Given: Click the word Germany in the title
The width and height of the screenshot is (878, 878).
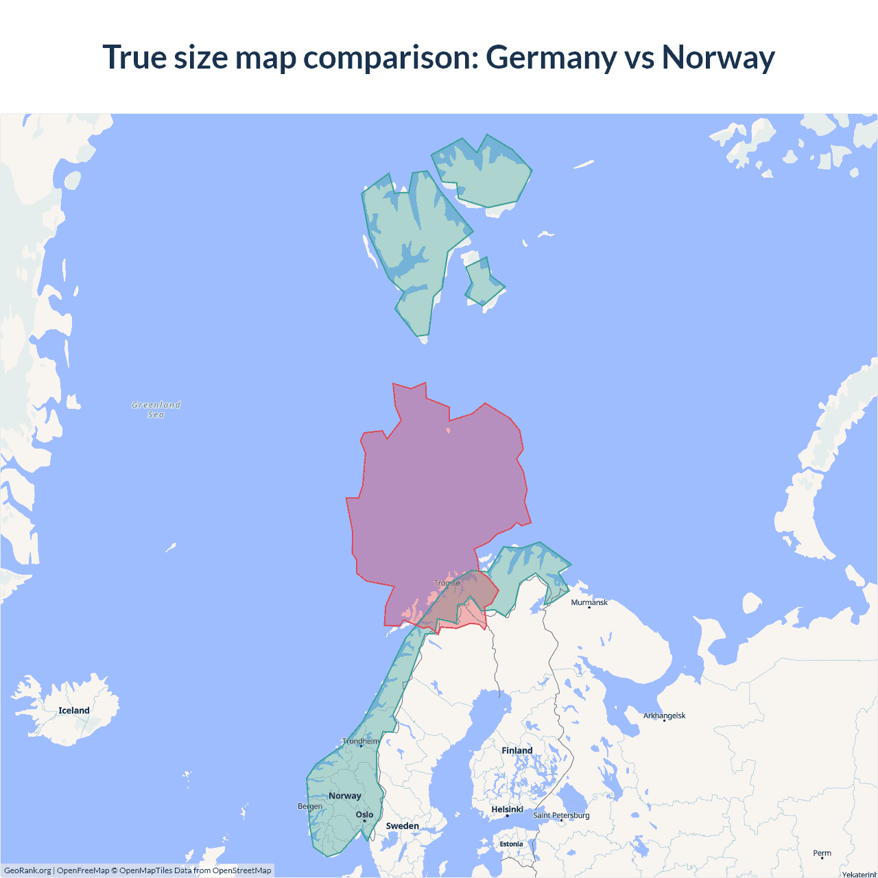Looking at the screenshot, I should tap(551, 58).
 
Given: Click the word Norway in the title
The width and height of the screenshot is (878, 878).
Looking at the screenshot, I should tap(718, 58).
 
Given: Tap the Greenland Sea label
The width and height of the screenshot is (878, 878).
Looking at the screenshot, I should tap(156, 410).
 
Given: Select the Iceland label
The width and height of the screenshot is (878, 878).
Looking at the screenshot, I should tap(74, 711).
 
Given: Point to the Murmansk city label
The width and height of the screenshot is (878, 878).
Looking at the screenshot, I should tap(589, 602).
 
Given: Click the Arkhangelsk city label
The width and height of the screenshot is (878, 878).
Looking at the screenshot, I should tap(664, 715).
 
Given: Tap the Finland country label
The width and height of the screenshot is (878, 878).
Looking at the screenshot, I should tap(517, 750).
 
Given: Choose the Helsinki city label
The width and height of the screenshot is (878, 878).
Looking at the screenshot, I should tap(507, 809).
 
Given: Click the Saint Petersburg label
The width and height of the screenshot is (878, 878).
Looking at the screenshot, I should tap(561, 815).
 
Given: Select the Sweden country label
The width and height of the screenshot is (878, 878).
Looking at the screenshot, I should tap(402, 826).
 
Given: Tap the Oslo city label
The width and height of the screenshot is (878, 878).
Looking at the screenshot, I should tap(364, 815).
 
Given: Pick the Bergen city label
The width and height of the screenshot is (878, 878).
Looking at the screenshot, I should tap(310, 806).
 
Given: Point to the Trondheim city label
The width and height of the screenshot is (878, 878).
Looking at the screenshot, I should tap(361, 741).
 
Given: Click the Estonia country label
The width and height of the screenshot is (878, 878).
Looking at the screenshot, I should tap(511, 844).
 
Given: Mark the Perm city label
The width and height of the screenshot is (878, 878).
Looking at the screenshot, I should tap(822, 853).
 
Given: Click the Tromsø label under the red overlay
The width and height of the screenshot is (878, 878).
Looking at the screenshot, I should tap(447, 583).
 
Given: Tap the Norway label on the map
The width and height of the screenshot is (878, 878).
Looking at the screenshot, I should tap(344, 796).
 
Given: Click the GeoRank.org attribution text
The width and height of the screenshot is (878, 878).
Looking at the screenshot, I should tap(27, 870).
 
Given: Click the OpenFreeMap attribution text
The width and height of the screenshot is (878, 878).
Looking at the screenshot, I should tap(83, 870).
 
